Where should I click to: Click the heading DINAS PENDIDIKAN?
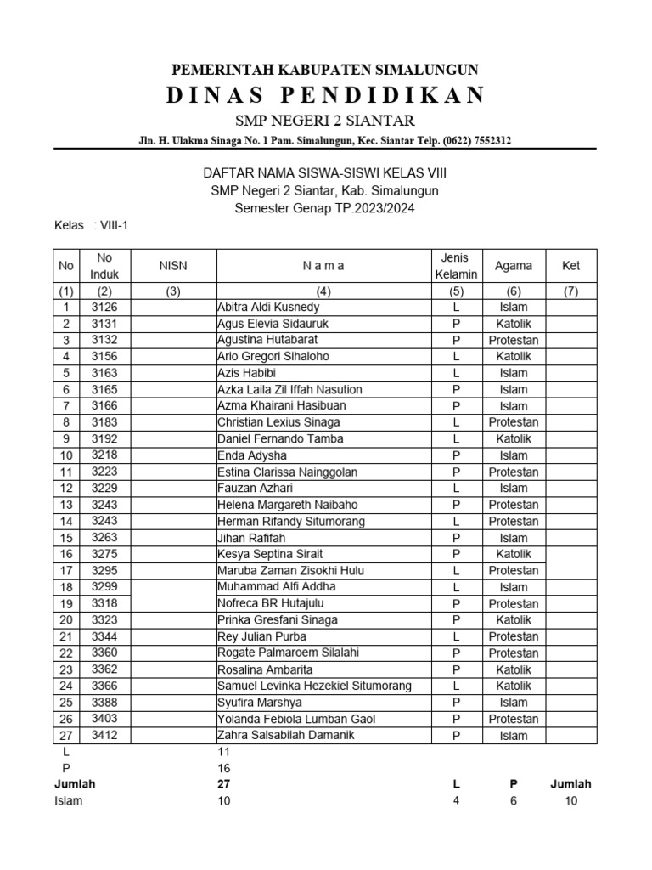(325, 94)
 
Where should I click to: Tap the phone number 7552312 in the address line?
(486, 140)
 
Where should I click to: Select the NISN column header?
(173, 266)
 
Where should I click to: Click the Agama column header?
(513, 266)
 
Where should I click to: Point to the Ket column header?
(570, 266)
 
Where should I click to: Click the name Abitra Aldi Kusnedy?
(268, 307)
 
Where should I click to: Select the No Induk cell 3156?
(104, 357)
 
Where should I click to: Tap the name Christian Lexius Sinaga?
(278, 422)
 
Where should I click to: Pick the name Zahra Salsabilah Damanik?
(286, 735)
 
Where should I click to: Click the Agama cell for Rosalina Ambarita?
(513, 669)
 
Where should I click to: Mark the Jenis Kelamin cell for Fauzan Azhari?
(456, 489)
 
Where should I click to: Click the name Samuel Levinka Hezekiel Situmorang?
(314, 686)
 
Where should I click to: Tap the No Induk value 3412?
(104, 735)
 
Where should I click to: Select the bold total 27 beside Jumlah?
(224, 784)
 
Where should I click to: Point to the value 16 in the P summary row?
(224, 768)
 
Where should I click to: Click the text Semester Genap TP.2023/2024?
(325, 208)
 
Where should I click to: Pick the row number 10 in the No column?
(66, 456)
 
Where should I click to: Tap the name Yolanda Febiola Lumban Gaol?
(296, 719)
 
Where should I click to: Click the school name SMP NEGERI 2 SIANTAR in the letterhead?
(325, 120)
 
